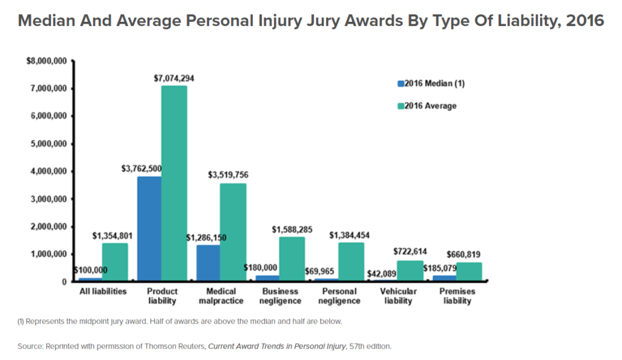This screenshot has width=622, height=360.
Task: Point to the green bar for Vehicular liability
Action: (x=410, y=271)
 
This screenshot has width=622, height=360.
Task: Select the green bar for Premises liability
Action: (x=469, y=272)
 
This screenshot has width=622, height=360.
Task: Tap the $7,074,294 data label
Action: (x=174, y=78)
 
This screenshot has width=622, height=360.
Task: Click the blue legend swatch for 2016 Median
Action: (x=400, y=84)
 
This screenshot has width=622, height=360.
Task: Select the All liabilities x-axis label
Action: (x=103, y=291)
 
